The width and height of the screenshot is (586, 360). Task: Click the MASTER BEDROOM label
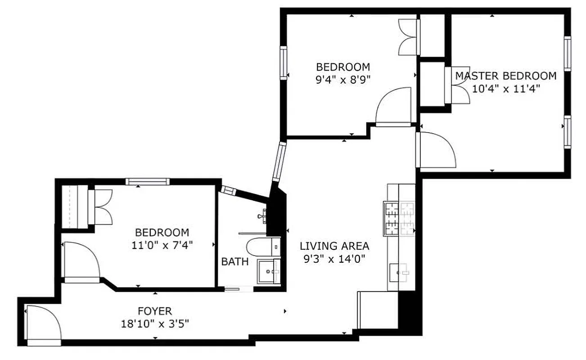pos(505,76)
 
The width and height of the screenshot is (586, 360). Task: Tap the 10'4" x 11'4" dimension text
pos(505,88)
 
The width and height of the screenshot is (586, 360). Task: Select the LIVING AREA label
pos(334,246)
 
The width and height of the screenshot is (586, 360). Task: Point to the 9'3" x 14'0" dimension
pos(334,259)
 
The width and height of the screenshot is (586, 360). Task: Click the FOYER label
pos(154,311)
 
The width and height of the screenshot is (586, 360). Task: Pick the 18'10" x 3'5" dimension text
pos(154,324)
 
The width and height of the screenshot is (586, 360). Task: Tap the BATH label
pos(234,261)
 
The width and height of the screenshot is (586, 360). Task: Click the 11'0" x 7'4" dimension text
pos(162,245)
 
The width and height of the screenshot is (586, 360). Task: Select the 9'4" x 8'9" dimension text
pos(343,80)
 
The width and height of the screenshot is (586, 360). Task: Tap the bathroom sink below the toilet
pos(268,271)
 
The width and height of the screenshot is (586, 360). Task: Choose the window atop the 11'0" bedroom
pos(147,181)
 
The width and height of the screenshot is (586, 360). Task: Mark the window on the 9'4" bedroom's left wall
pos(284,63)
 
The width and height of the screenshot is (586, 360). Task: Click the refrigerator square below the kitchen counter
pos(377,310)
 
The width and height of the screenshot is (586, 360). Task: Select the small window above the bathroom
pos(228,190)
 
